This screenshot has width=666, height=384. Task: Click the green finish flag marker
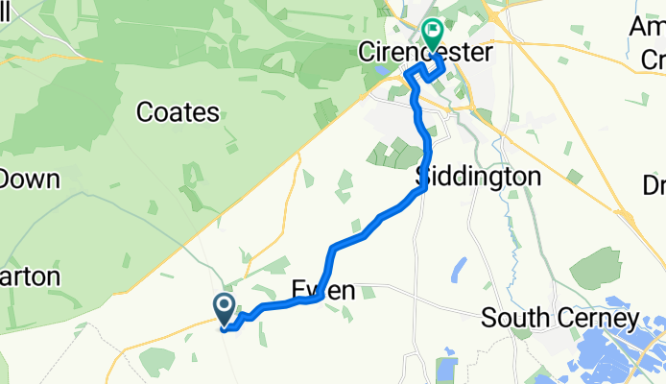432,35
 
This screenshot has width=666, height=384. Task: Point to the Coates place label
178,112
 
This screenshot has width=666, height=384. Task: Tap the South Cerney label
560,317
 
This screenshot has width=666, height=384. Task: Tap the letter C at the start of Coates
145,113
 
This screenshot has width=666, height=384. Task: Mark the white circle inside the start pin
224,305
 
